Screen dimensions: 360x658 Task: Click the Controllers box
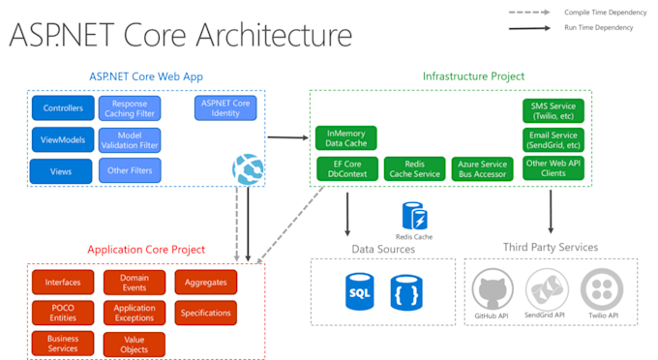pos(63,108)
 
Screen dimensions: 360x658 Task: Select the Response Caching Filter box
pos(130,108)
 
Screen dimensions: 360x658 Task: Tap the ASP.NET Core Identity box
pos(224,107)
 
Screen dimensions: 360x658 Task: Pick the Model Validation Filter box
pos(130,140)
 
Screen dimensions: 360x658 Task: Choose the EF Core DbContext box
pos(345,169)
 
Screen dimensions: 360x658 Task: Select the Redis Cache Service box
pos(414,169)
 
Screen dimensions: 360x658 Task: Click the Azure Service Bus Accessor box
pos(483,169)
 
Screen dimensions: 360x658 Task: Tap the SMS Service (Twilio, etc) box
pos(552,109)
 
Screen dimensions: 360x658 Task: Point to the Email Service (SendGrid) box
pos(552,139)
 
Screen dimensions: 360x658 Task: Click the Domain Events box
pos(135,283)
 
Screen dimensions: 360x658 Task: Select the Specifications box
pos(205,314)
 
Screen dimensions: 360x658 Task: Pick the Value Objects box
pos(135,345)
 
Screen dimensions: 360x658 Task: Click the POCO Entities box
pos(63,314)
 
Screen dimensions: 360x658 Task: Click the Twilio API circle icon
pos(601,289)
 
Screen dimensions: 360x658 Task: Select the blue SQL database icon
pos(360,291)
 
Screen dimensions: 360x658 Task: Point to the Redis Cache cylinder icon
pos(414,215)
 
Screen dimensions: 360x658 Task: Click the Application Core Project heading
pos(146,250)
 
